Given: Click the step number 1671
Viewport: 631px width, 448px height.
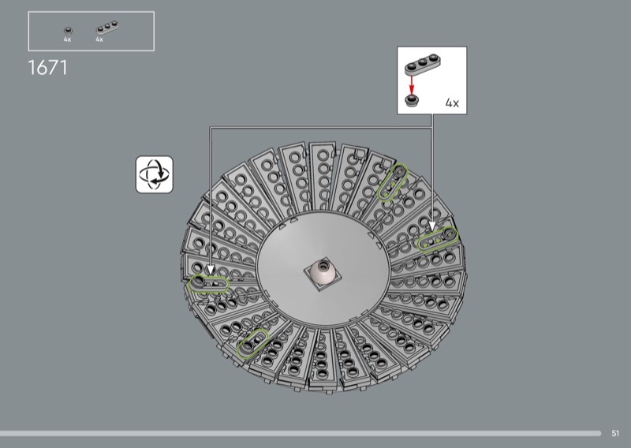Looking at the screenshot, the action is (x=47, y=68).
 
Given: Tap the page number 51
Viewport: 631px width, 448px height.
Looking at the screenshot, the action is (x=615, y=433).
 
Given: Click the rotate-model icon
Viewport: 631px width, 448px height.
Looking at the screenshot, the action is (x=155, y=174).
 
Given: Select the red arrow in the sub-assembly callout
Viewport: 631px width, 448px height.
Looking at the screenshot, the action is (x=411, y=85).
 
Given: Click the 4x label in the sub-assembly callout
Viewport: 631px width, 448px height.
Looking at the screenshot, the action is (x=452, y=103).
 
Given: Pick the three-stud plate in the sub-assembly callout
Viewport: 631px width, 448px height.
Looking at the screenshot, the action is (x=423, y=65).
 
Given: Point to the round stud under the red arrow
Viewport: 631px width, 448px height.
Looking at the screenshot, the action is (x=411, y=101).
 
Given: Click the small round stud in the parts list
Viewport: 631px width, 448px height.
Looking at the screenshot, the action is (x=68, y=31).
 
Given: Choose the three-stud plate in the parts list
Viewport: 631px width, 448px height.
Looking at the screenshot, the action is (x=107, y=28).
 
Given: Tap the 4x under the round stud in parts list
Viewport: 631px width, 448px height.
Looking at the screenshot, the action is (x=67, y=39).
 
